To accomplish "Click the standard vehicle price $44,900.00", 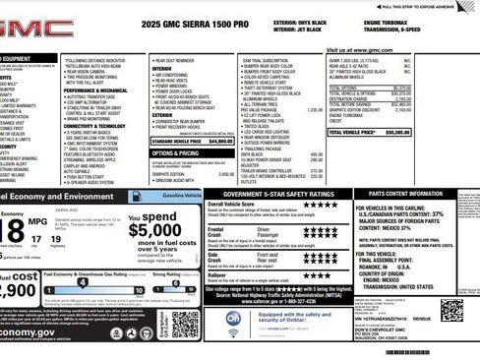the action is pyautogui.click(x=220, y=141).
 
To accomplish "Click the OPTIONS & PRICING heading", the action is pyautogui.click(x=176, y=152).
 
